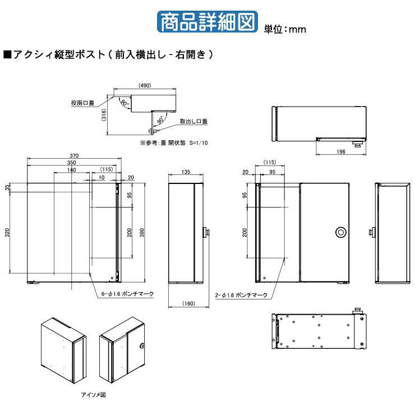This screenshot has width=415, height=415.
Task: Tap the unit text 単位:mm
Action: click(284, 29)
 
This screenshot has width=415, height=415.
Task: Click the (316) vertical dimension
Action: click(104, 116)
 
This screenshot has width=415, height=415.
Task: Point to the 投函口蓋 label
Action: click(82, 103)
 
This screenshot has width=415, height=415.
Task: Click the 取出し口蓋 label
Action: click(193, 121)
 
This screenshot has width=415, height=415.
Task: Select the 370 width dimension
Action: click(73, 155)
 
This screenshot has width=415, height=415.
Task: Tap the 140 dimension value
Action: click(71, 169)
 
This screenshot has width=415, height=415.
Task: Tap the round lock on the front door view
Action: click(341, 232)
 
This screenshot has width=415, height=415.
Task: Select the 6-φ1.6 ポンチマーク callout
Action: click(128, 293)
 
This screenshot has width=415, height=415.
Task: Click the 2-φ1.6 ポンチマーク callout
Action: click(242, 293)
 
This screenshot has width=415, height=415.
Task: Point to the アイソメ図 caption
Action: click(90, 394)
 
